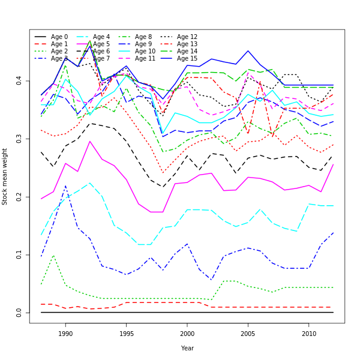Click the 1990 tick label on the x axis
pos(65,334)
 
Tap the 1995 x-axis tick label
pos(126,334)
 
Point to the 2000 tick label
pos(187,334)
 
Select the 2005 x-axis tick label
pos(248,334)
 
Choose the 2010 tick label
pos(309,334)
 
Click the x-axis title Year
pos(187,348)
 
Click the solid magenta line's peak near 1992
pos(90,142)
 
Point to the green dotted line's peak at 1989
pos(53,256)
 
